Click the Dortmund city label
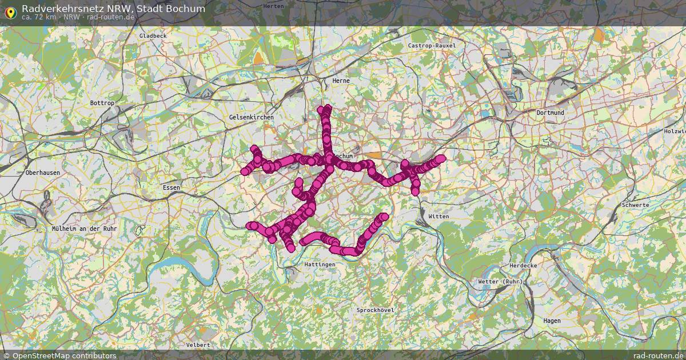pyautogui.click(x=550, y=113)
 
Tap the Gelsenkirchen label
pyautogui.click(x=251, y=117)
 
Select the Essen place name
pyautogui.click(x=171, y=187)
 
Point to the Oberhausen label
pyautogui.click(x=42, y=173)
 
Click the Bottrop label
pyautogui.click(x=102, y=103)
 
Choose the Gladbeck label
pyautogui.click(x=153, y=35)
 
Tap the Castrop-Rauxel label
pyautogui.click(x=432, y=45)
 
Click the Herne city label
pyautogui.click(x=341, y=81)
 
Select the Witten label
pyautogui.click(x=438, y=217)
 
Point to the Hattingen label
pyautogui.click(x=320, y=265)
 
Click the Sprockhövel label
pyautogui.click(x=375, y=310)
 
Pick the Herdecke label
pyautogui.click(x=522, y=266)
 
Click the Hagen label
pyautogui.click(x=552, y=321)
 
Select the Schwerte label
pyautogui.click(x=635, y=205)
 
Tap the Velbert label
pyautogui.click(x=198, y=345)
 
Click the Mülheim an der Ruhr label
pyautogui.click(x=84, y=229)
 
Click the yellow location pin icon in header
pyautogui.click(x=10, y=12)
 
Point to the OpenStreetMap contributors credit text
pyautogui.click(x=64, y=355)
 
